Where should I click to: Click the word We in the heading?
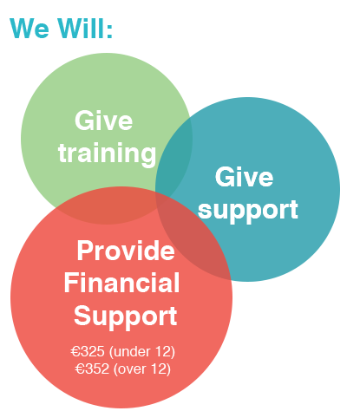(29, 28)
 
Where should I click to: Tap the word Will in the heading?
(81, 28)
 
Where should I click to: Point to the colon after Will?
(109, 31)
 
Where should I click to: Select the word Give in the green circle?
(103, 121)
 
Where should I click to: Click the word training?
(107, 153)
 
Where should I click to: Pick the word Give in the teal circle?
(244, 177)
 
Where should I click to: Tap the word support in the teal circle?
(248, 210)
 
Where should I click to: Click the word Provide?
(126, 251)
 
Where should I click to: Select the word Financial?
(121, 283)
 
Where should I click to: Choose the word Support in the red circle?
(125, 316)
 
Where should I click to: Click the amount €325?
(88, 351)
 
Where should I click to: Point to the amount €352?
(92, 369)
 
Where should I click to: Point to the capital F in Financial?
(69, 283)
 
